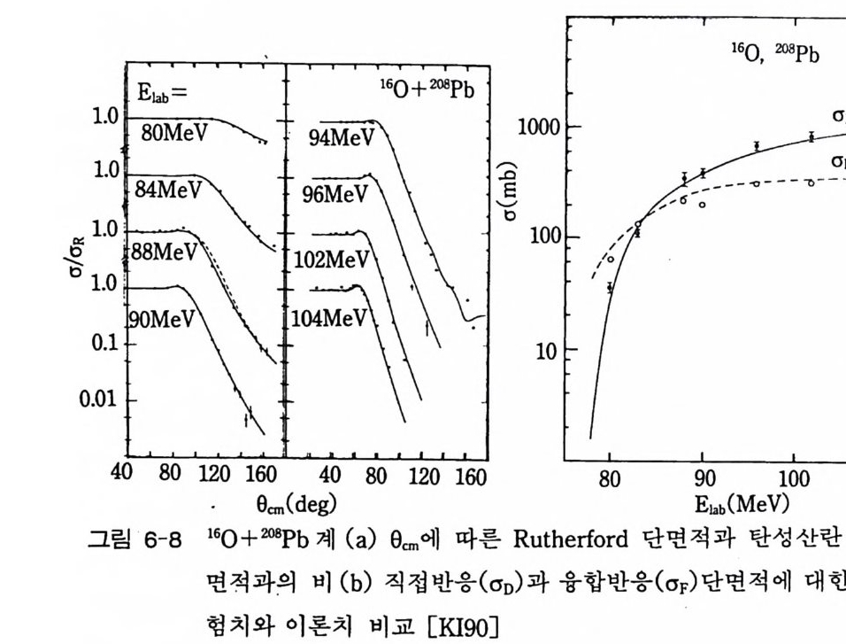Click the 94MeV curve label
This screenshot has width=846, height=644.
pyautogui.click(x=342, y=138)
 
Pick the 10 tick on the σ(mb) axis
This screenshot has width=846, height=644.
pyautogui.click(x=546, y=349)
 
